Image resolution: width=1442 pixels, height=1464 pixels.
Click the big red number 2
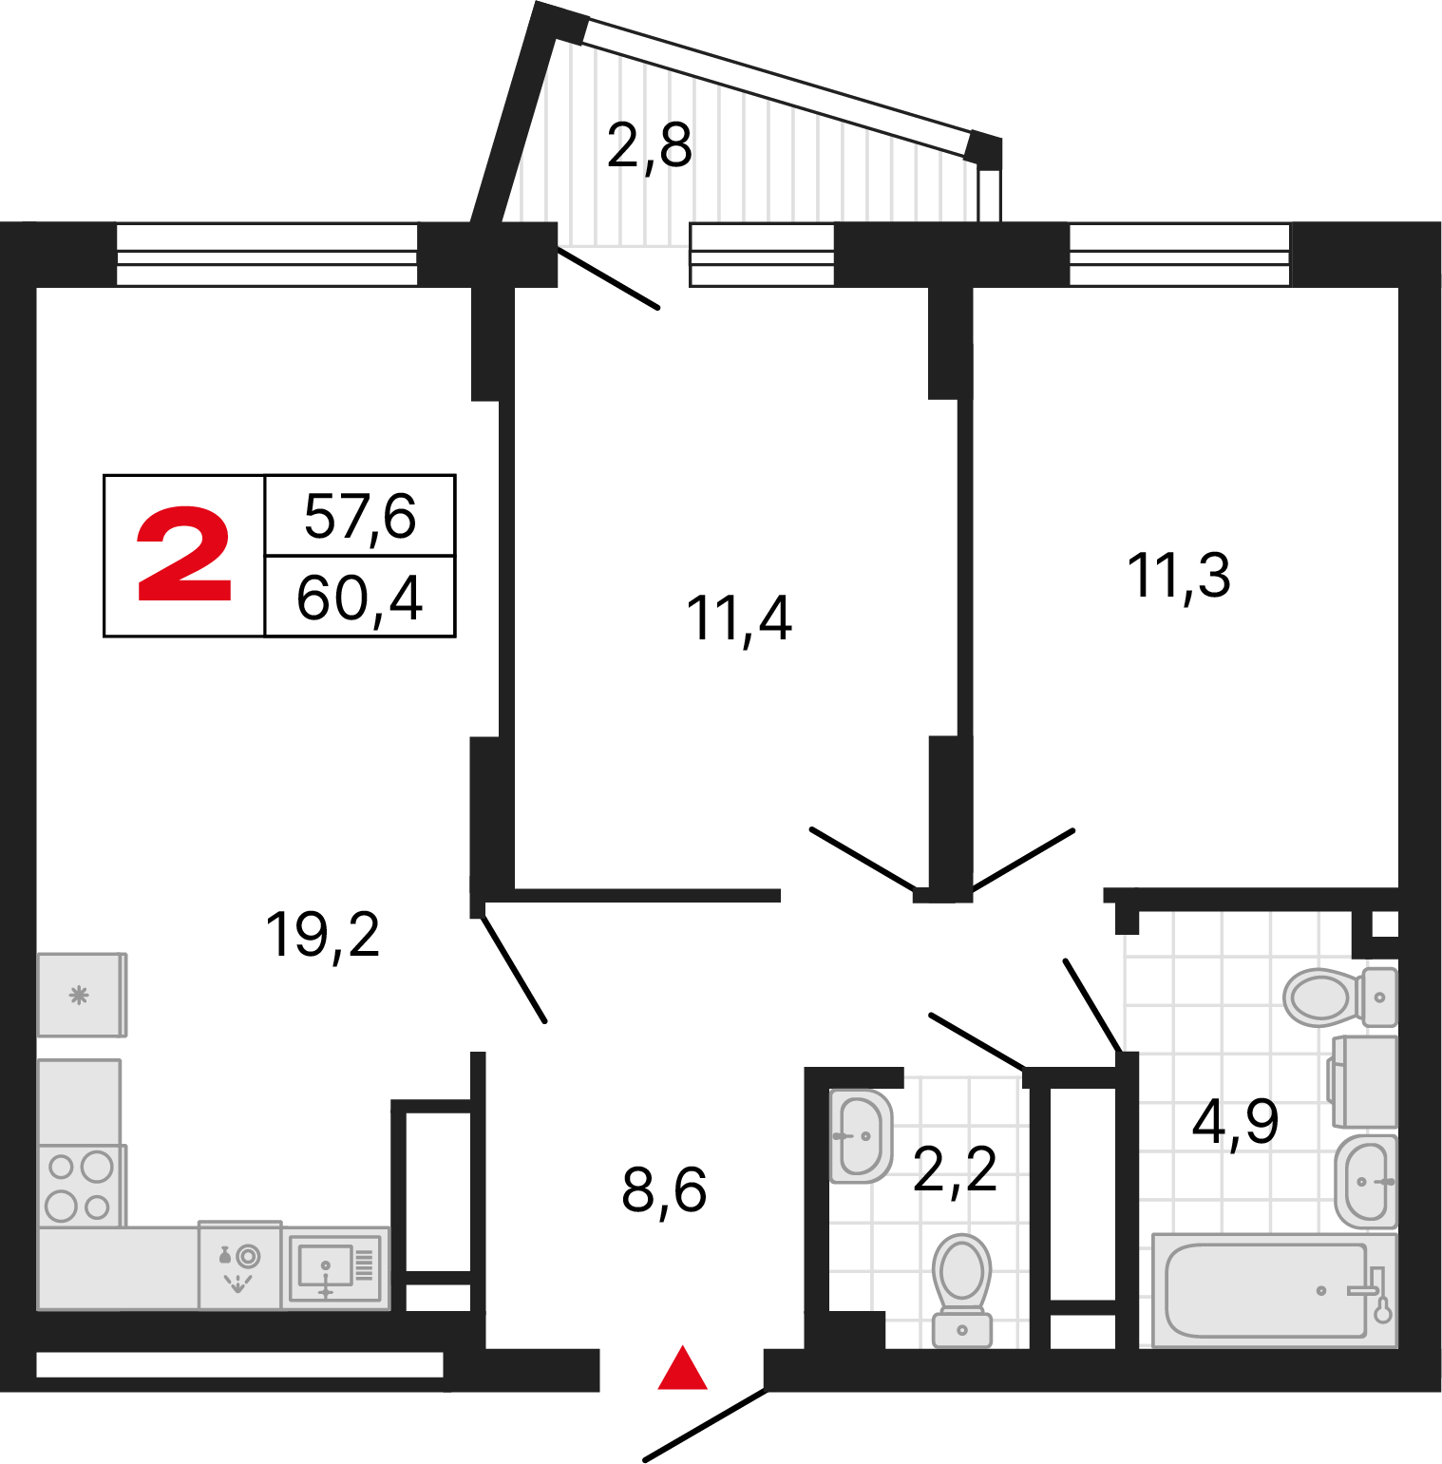point(184,554)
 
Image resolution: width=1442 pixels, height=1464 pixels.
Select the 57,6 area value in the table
point(360,517)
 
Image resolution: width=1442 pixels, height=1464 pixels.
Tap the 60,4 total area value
point(360,599)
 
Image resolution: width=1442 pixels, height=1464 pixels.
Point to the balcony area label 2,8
point(650,147)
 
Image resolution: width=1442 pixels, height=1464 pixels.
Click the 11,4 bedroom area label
point(739,618)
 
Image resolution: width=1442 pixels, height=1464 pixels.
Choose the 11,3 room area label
point(1179,577)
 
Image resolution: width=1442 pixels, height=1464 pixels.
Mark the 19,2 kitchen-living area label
point(323,935)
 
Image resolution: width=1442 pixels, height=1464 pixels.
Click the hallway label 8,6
point(665,1190)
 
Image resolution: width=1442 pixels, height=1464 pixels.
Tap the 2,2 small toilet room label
point(955,1169)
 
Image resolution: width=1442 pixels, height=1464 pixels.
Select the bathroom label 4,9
point(1235,1122)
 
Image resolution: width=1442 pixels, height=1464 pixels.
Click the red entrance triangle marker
point(683,1368)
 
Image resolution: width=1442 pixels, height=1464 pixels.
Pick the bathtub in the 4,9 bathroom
point(1274,1289)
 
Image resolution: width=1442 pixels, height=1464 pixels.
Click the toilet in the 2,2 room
point(962,1290)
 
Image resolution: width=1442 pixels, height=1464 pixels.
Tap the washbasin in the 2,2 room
point(862,1135)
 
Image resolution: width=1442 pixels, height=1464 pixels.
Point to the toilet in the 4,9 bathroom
point(1340,997)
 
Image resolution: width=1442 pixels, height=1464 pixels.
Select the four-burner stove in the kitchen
point(80,1185)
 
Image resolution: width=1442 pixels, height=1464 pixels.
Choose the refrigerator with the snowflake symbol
point(82,995)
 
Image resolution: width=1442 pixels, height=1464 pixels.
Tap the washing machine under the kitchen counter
point(239,1264)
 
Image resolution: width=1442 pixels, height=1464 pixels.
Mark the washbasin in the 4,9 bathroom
point(1366,1182)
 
